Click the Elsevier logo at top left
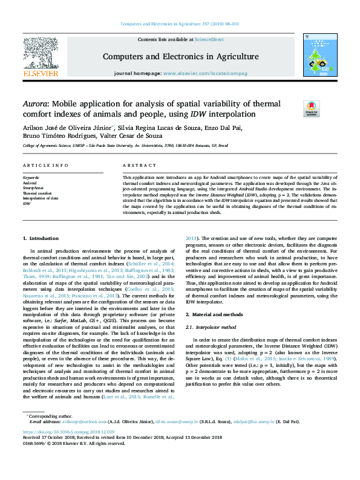click(x=41, y=57)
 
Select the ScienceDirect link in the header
click(x=209, y=39)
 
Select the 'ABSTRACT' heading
click(x=139, y=165)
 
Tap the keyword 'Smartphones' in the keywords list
click(x=33, y=188)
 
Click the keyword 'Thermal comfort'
click(x=36, y=193)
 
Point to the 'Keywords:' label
click(x=31, y=178)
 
